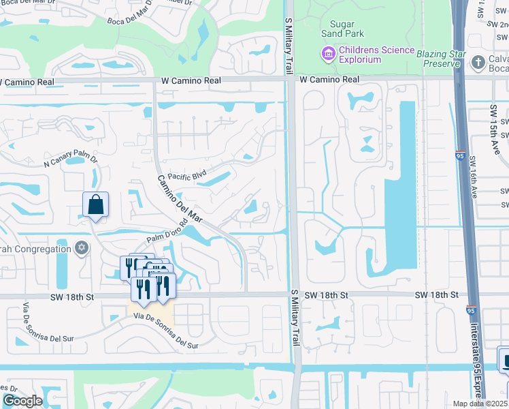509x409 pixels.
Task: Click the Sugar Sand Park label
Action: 342,28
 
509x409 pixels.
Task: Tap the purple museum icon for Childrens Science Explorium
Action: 329,52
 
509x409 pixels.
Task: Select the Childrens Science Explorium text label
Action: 376,55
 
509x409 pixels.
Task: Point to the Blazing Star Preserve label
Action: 446,59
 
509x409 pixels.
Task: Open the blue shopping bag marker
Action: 96,204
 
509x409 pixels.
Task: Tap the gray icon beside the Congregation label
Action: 82,247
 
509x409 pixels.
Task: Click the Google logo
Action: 22,400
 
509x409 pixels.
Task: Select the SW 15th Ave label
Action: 493,123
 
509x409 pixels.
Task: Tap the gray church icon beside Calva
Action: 480,60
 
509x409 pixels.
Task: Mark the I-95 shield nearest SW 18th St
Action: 471,310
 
